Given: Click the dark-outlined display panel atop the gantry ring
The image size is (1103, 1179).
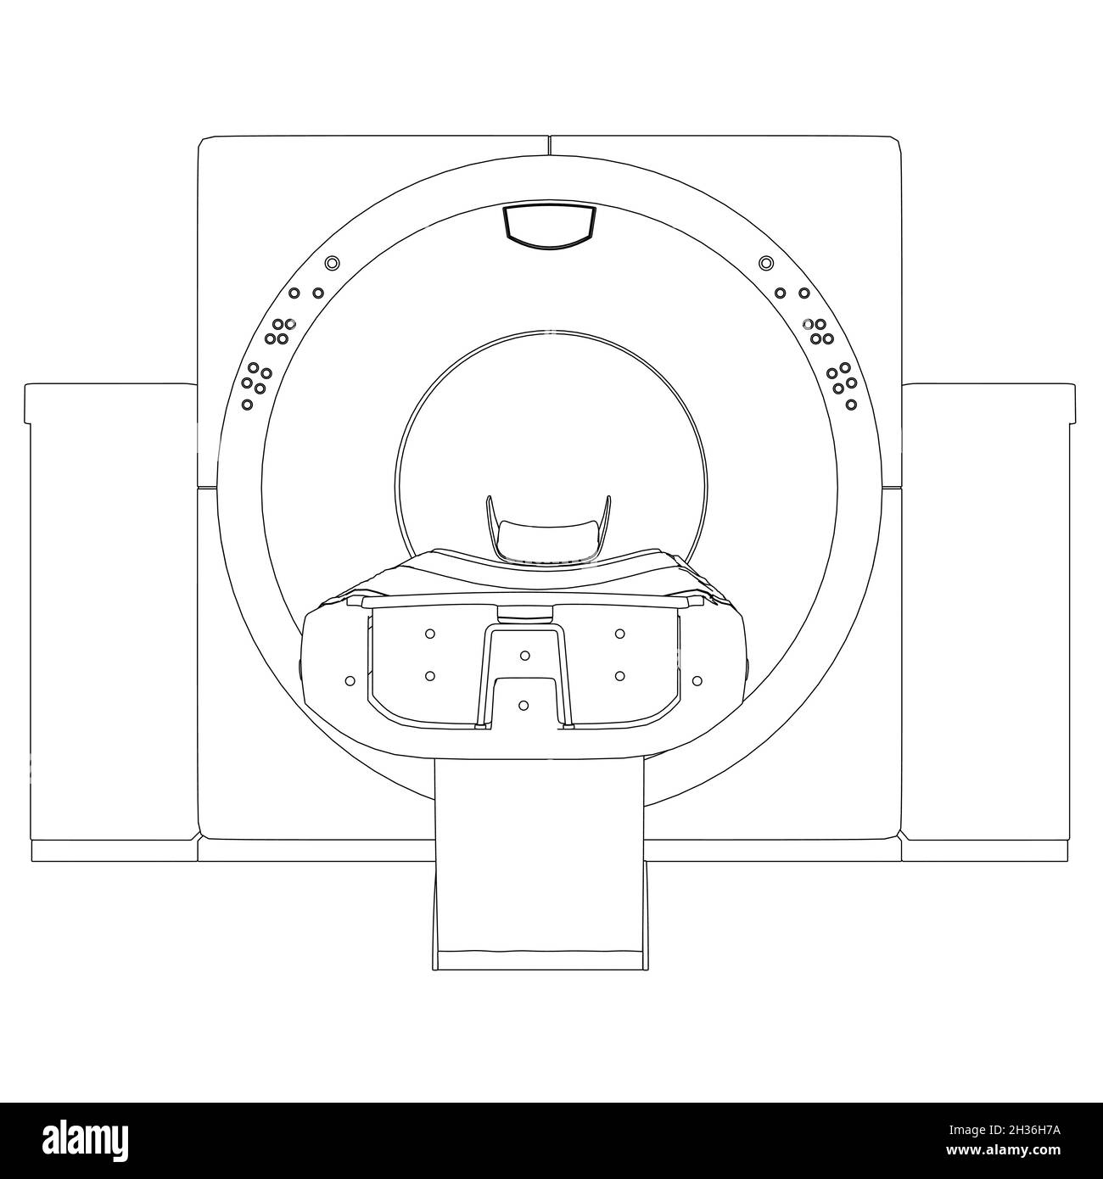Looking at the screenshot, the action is pos(550,226).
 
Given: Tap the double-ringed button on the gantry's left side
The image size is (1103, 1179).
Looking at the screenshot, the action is pos(332,262).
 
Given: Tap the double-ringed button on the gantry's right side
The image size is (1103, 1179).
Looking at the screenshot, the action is pos(767,262).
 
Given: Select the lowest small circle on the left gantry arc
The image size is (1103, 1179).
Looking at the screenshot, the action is pos(247,405).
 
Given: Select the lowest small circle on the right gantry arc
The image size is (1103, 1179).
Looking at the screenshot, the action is pos(851,405).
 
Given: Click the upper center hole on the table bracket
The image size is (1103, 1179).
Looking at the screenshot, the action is pos(524,656).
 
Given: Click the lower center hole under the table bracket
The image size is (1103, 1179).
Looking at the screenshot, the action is pos(524,705).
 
